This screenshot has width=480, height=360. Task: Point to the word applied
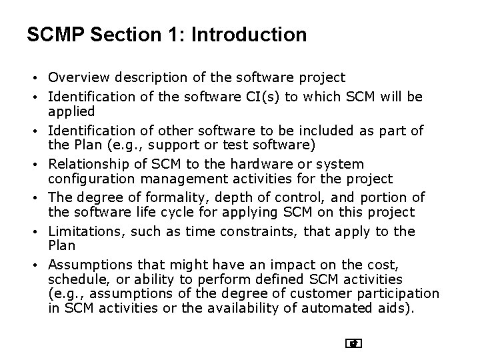[x=71, y=111]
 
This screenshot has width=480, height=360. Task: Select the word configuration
[x=93, y=179]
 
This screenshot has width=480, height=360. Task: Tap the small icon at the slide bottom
[x=354, y=344]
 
